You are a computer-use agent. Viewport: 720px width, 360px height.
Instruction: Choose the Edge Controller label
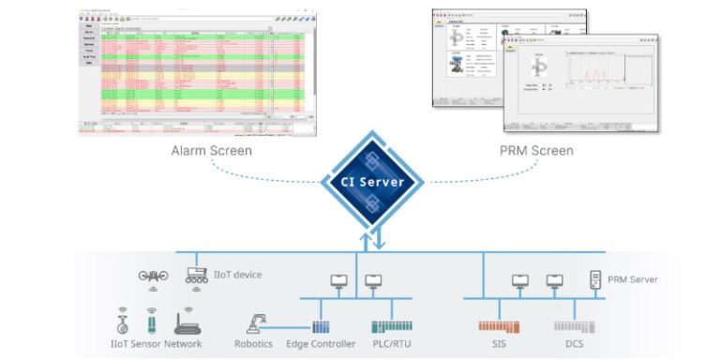click(x=321, y=344)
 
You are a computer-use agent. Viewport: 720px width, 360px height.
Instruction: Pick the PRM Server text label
click(x=632, y=279)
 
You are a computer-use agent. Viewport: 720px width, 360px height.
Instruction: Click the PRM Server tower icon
click(x=594, y=278)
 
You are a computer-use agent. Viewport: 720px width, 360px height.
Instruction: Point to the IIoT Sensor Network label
click(x=155, y=344)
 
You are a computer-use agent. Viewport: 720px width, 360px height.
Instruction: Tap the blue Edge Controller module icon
click(x=322, y=327)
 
